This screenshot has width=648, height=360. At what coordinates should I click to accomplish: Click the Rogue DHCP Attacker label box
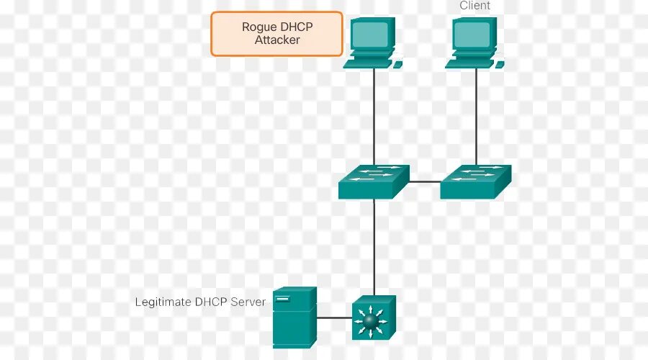pos(276,33)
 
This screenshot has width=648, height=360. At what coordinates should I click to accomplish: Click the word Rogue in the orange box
pos(258,27)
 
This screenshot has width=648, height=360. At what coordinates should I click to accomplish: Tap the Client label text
pos(474,6)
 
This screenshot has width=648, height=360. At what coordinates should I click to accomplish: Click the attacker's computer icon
pos(372,42)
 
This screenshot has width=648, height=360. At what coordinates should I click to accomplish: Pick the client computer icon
pos(474,42)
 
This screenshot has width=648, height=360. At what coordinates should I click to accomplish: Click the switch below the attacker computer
pos(374,181)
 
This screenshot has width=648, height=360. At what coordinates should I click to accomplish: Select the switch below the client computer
pos(476,181)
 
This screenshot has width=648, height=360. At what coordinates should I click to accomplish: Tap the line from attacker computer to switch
pos(374,115)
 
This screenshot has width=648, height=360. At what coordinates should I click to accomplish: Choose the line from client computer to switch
pos(476,115)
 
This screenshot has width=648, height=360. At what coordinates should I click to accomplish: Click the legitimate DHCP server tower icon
pos(295,317)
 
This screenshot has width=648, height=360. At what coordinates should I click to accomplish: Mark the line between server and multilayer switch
pos(335,318)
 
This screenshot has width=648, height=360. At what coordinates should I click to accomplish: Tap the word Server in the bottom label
pos(248,302)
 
